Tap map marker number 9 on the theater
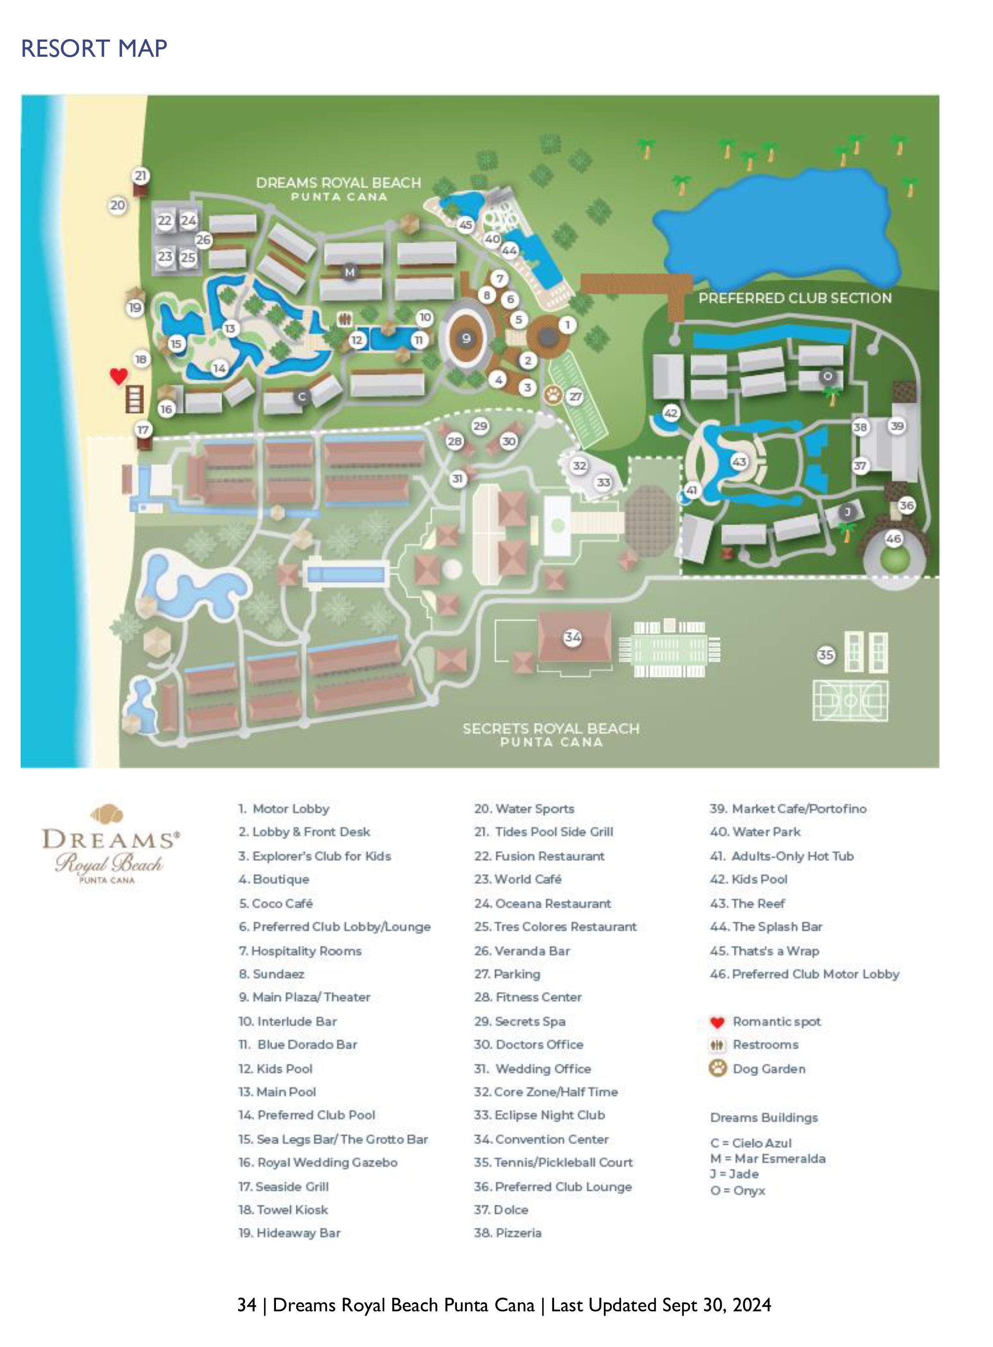466,338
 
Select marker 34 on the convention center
572,637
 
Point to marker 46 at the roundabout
893,539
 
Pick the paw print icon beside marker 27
553,395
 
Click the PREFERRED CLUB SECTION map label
795,298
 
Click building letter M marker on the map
349,272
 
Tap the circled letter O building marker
827,376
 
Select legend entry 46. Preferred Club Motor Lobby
804,974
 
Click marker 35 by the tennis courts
826,655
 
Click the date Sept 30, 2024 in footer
717,1305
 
